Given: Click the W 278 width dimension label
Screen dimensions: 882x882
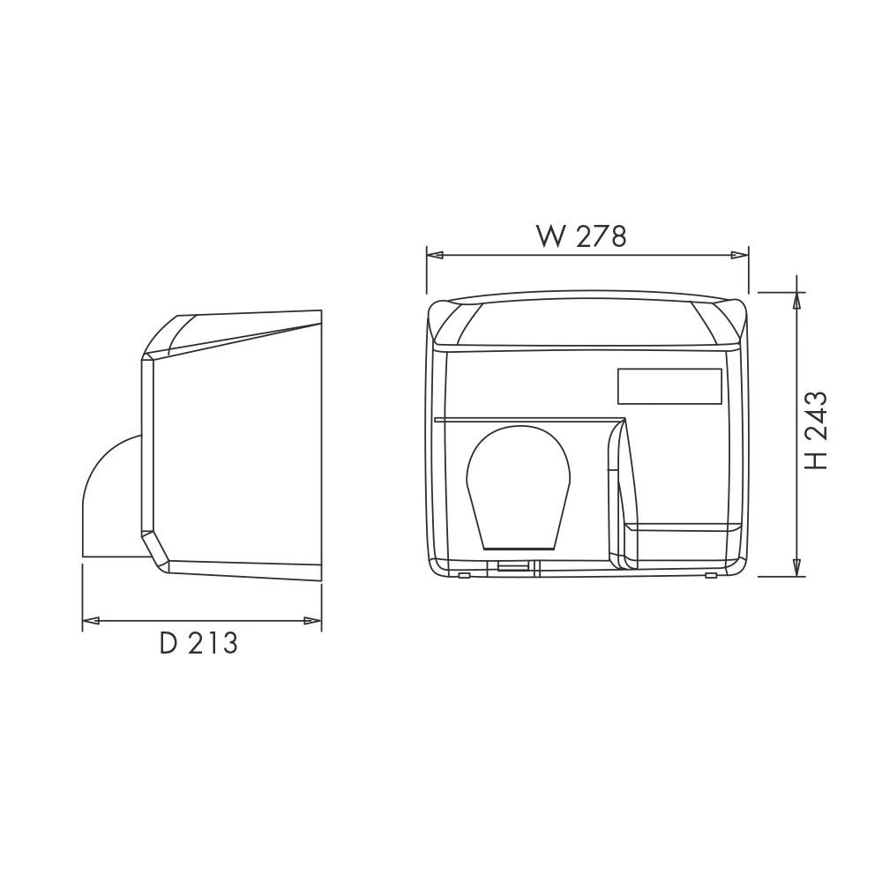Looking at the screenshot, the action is tap(581, 236).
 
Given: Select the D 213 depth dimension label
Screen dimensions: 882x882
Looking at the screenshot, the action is tap(198, 643).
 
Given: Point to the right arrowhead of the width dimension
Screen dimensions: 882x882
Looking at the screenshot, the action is tap(739, 256).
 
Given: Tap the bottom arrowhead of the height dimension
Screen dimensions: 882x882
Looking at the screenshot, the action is tap(796, 567).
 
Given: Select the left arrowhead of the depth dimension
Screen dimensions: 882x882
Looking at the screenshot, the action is tap(91, 621).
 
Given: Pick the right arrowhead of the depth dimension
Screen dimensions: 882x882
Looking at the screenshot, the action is tap(312, 621).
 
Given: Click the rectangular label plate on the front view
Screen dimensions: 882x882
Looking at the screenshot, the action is tap(669, 386).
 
